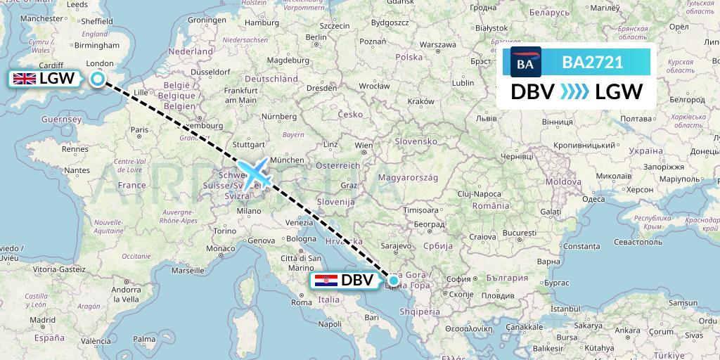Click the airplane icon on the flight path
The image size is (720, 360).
pyautogui.click(x=255, y=174)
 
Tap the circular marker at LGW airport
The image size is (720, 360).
pyautogui.click(x=97, y=79)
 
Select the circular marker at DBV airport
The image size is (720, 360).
pyautogui.click(x=394, y=281)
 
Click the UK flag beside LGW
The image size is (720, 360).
pyautogui.click(x=24, y=79)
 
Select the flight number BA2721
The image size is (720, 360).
pyautogui.click(x=592, y=62)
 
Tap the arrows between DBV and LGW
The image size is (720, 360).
pyautogui.click(x=575, y=92)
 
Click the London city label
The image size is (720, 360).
pyautogui.click(x=98, y=63)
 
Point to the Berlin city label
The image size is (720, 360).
pyautogui.click(x=317, y=37)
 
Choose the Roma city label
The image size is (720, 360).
pyautogui.click(x=302, y=302)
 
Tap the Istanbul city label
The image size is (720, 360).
pyautogui.click(x=570, y=309)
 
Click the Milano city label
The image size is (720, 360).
pyautogui.click(x=249, y=210)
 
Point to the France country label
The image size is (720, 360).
pyautogui.click(x=131, y=186)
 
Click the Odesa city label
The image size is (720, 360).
pyautogui.click(x=593, y=199)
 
